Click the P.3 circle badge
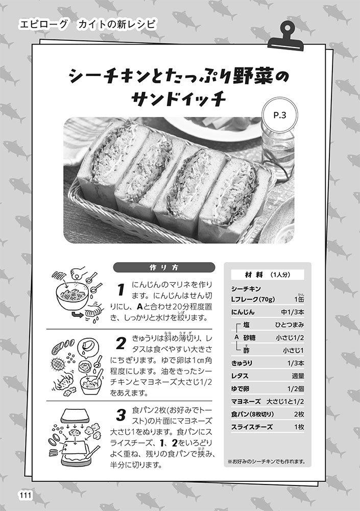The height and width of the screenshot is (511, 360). [x=280, y=115]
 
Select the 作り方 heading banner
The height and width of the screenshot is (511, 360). [x=164, y=268]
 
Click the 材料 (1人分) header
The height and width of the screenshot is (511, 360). [x=268, y=275]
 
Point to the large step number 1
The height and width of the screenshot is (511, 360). [x=121, y=289]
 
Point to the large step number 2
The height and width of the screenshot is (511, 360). [x=121, y=343]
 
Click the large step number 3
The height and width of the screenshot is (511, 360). [x=121, y=415]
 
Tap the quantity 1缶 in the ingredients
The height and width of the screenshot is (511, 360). [x=299, y=298]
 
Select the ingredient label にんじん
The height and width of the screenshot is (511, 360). [x=243, y=312]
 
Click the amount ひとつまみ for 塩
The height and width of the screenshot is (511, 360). [x=290, y=324]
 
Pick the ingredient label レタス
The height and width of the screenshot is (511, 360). [x=240, y=376]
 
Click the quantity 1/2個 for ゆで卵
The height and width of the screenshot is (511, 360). [x=296, y=388]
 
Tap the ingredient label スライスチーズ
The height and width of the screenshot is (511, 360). [x=252, y=427]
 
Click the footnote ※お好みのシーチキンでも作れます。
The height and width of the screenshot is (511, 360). [x=267, y=461]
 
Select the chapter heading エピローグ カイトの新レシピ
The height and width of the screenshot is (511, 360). [x=87, y=25]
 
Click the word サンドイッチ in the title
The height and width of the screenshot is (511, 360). [x=179, y=98]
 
